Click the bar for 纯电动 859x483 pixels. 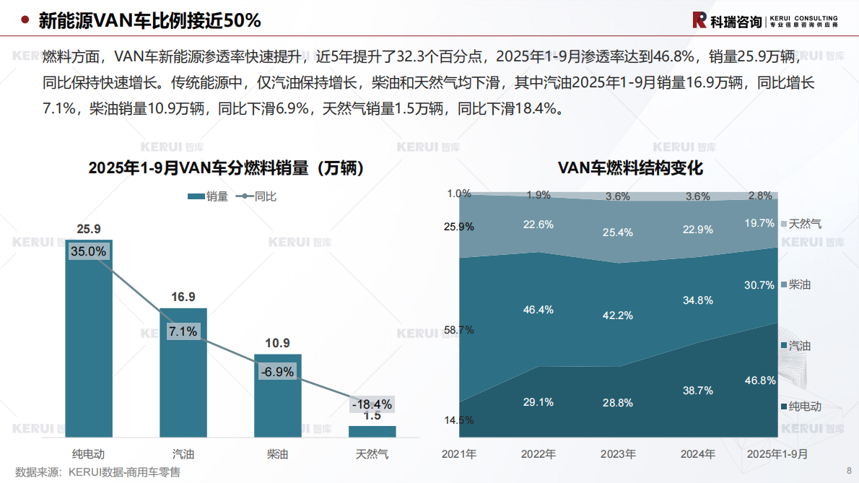coord(89,339)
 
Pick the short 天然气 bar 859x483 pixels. coord(372,431)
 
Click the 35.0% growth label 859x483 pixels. coord(89,251)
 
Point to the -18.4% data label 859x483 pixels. coord(371,404)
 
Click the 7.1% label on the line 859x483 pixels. coord(183,332)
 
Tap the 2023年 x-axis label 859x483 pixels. coord(618,454)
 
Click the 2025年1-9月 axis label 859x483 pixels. coord(777,454)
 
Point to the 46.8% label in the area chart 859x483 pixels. coord(759,380)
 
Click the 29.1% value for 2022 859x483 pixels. coord(538,402)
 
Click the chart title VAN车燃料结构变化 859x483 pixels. coord(630,168)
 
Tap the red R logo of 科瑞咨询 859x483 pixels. coord(699,20)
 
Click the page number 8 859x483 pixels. coord(848,471)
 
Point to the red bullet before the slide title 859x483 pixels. coord(25,21)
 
